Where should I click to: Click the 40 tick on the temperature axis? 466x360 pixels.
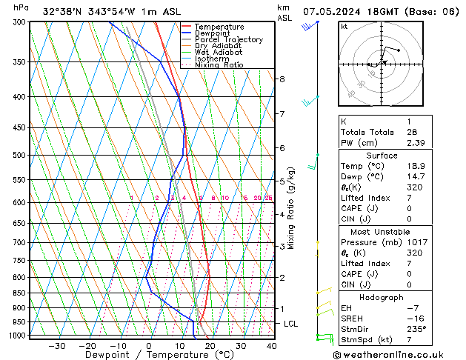[x=271, y=346]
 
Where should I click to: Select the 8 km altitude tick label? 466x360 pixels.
[x=282, y=79]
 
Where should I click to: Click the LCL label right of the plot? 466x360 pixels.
[x=291, y=324]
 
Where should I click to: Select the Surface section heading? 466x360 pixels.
[x=382, y=156]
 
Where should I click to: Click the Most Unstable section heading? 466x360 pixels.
[x=382, y=232]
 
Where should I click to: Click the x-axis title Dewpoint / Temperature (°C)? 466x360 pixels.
[x=149, y=355]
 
